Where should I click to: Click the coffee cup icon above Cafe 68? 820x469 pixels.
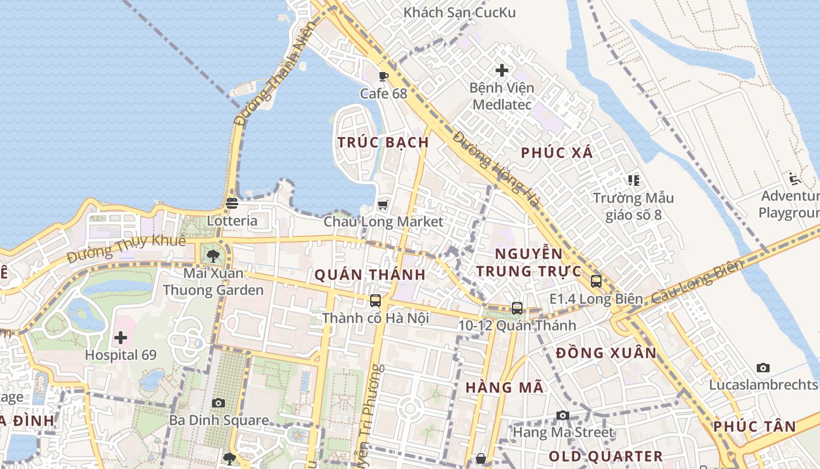tap(384, 76)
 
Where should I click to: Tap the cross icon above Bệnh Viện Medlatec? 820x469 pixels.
tap(501, 70)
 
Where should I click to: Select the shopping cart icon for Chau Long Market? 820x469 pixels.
tap(383, 205)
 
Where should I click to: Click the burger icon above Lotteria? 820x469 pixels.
tap(232, 203)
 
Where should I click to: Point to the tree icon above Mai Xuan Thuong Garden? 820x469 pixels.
tap(213, 256)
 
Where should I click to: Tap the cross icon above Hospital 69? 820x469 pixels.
tap(121, 338)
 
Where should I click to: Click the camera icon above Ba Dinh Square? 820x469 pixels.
tap(218, 403)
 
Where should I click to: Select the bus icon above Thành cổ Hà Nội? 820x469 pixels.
tap(375, 301)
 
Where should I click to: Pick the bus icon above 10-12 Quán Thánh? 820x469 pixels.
tap(517, 308)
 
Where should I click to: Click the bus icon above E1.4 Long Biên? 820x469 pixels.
tap(596, 281)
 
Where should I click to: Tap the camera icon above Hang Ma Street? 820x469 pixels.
tap(563, 416)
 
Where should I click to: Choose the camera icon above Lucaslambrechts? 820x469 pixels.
tap(763, 368)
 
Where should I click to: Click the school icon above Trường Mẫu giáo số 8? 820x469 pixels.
tap(633, 180)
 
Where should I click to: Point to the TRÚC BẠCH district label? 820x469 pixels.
tap(384, 142)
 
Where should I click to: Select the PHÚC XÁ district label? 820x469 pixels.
tap(557, 154)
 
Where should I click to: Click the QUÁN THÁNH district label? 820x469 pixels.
tap(370, 275)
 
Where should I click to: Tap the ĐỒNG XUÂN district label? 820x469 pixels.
tap(606, 353)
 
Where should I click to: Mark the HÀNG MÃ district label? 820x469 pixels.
tap(505, 388)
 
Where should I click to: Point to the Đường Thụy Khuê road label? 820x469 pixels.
tap(126, 249)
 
